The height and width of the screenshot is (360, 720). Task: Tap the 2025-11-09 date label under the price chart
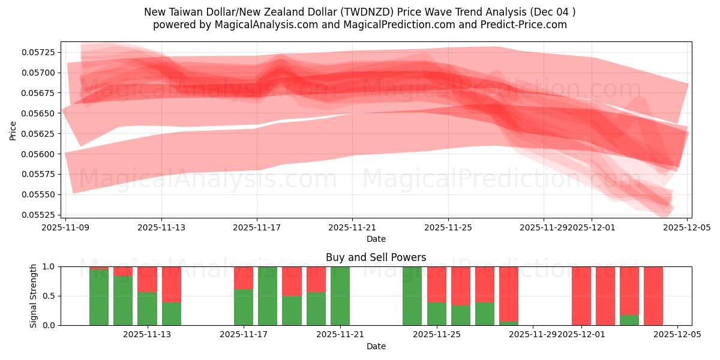65,227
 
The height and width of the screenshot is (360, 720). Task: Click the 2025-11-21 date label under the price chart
352,227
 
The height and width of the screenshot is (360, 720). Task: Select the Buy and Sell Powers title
376,257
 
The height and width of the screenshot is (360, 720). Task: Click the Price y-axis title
13,130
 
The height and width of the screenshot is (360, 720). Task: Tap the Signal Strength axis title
34,296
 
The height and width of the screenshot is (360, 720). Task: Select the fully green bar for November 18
268,296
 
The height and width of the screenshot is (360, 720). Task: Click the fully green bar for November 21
340,296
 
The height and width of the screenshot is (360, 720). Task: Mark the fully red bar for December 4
653,296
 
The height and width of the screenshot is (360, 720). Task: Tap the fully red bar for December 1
581,296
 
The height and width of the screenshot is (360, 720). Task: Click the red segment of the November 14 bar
172,284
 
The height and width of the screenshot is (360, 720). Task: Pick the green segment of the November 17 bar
244,307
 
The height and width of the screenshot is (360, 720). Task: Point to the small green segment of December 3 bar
629,320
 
